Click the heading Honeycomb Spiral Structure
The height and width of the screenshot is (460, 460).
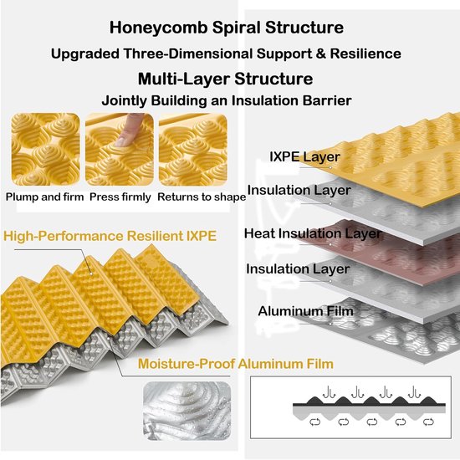[227, 28]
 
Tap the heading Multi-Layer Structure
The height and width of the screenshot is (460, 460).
[225, 79]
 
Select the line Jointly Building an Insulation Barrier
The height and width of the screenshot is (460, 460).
[227, 100]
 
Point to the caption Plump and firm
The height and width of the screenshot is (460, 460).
[44, 197]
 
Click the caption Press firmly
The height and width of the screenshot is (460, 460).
[120, 197]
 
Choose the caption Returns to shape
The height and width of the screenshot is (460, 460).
[202, 197]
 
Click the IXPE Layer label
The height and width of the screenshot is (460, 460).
[304, 157]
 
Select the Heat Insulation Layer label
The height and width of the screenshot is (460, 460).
[313, 234]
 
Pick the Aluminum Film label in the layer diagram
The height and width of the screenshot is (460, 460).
[305, 311]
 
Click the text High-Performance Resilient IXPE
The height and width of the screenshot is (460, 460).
[110, 236]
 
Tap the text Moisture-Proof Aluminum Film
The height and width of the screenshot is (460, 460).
[236, 364]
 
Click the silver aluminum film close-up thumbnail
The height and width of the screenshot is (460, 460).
[187, 411]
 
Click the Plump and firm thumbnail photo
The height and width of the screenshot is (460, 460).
[45, 150]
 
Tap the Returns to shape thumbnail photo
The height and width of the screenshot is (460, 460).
[193, 150]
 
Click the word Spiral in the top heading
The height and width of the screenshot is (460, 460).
[236, 28]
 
